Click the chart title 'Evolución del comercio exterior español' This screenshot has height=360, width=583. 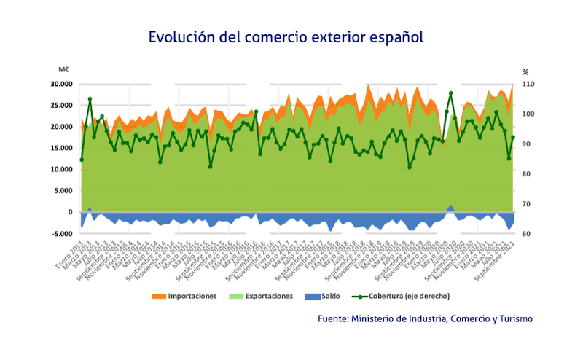[286, 36]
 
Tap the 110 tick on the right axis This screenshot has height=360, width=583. [528, 84]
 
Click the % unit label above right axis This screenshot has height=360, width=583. [525, 71]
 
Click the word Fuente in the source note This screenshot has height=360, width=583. [333, 319]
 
